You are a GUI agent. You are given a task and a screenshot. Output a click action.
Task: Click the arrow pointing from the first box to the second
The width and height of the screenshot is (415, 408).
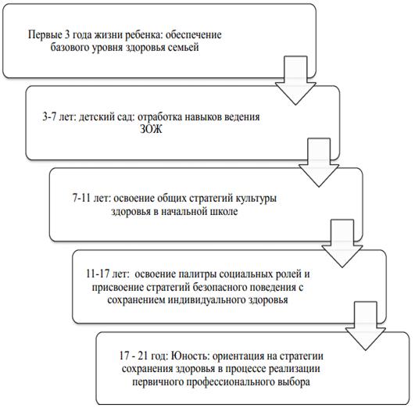pos(295,81)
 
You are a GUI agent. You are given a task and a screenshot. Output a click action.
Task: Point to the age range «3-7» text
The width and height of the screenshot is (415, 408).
pos(49,116)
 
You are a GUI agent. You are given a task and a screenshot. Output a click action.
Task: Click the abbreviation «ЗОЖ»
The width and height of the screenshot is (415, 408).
pos(151,130)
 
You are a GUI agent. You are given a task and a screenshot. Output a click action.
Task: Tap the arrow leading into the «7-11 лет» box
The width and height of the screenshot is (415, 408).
pos(319,163)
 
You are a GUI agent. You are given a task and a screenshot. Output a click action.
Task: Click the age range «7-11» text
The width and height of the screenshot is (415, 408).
pos(81,199)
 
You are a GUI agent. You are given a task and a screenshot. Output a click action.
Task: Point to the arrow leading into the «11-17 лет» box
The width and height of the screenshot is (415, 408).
pos(342,244)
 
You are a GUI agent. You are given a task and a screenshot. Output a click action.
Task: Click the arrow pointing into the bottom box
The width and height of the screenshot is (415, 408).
pos(366,326)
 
